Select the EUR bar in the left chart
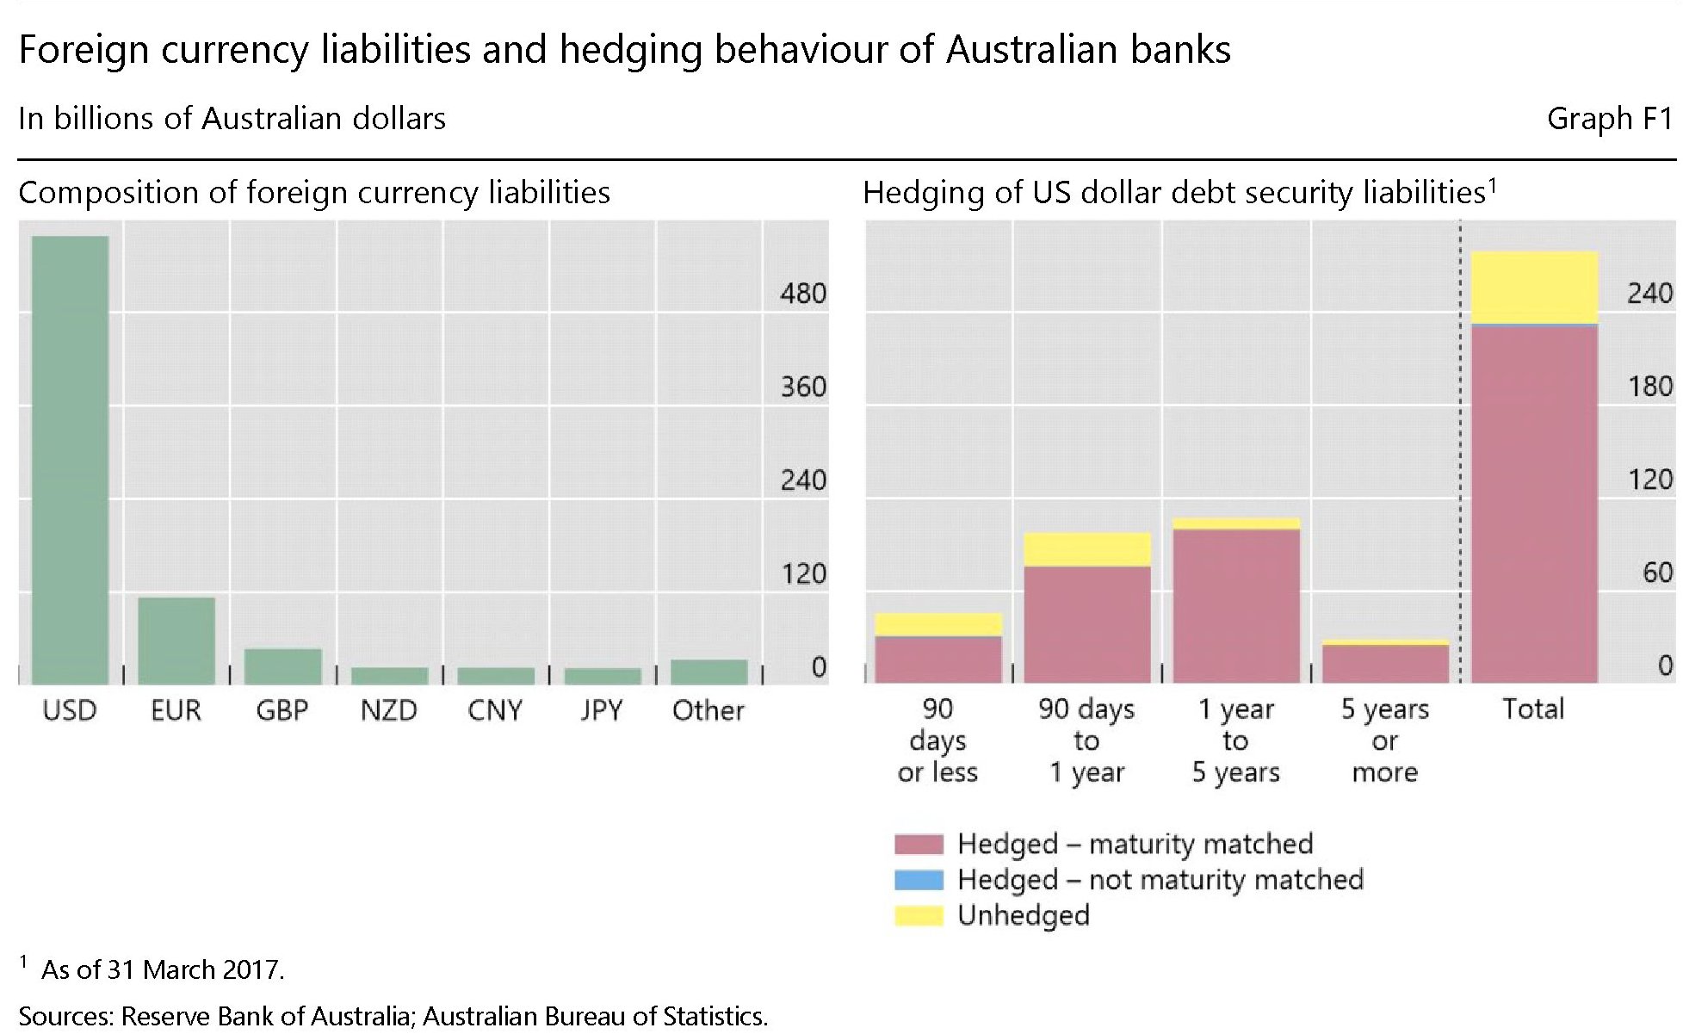click(x=176, y=641)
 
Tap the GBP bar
click(x=282, y=666)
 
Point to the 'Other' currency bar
click(x=708, y=672)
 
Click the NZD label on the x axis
click(x=388, y=710)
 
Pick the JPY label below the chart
click(x=601, y=710)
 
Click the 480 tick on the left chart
click(x=802, y=294)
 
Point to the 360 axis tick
click(x=802, y=387)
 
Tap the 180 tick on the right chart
click(x=1649, y=386)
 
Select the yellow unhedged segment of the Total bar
click(x=1534, y=287)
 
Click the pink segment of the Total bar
click(x=1534, y=504)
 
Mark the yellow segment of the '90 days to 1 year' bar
click(x=1087, y=549)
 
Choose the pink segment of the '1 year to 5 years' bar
click(x=1236, y=606)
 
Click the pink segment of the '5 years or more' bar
click(x=1385, y=664)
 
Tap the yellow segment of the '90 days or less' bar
click(x=938, y=624)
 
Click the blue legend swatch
click(x=919, y=880)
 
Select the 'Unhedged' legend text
click(x=1023, y=915)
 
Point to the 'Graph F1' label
click(x=1609, y=118)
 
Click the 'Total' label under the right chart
click(x=1533, y=709)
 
